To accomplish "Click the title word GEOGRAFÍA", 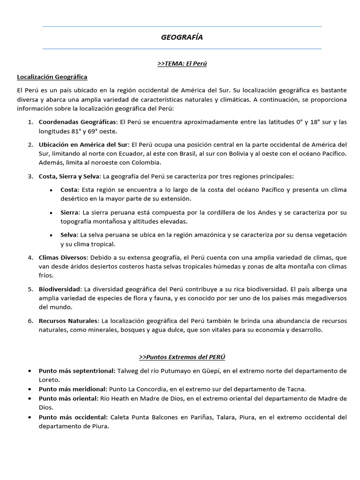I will (182, 37).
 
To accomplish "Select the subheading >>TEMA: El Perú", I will (182, 64).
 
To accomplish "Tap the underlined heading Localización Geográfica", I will (52, 76).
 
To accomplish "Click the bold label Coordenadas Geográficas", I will (78, 122).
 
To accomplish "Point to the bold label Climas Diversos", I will (63, 257).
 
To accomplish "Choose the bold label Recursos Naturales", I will (68, 321).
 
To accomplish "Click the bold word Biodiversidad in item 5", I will (60, 289).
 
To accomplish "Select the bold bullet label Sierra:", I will (70, 212).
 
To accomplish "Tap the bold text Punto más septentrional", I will (77, 371).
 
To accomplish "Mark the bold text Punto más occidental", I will (73, 417).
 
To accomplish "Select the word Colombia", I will (147, 162).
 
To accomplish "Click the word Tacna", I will (297, 389).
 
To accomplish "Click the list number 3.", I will (30, 176).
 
